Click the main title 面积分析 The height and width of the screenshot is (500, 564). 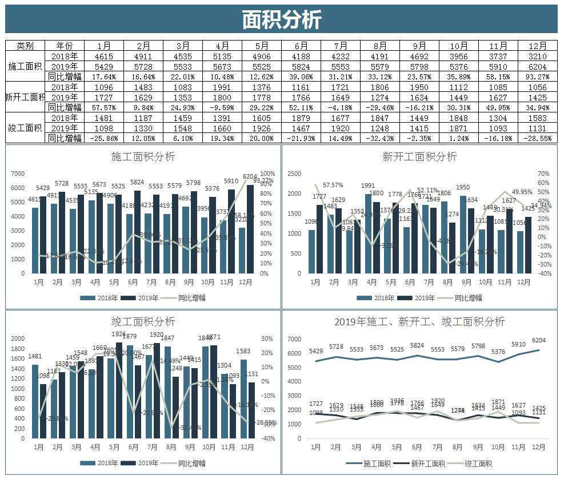[281, 19]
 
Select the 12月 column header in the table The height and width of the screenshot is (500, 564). [537, 46]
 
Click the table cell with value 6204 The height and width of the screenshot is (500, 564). [537, 66]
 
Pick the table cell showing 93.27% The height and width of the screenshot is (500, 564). [537, 76]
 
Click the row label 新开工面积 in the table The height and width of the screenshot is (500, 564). [25, 97]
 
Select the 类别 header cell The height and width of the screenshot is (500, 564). [25, 46]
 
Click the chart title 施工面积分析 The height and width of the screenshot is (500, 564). [143, 156]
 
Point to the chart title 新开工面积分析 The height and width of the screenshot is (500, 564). [419, 156]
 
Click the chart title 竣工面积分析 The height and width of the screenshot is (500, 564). [143, 322]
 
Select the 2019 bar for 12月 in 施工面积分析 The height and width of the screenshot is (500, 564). [250, 228]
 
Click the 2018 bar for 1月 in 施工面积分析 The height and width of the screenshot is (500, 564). [35, 240]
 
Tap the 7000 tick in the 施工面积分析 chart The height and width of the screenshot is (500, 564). [18, 174]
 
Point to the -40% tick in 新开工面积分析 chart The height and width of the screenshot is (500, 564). [544, 273]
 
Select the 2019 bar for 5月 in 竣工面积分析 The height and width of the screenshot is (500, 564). [119, 391]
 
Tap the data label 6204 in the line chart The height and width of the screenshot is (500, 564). [538, 341]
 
